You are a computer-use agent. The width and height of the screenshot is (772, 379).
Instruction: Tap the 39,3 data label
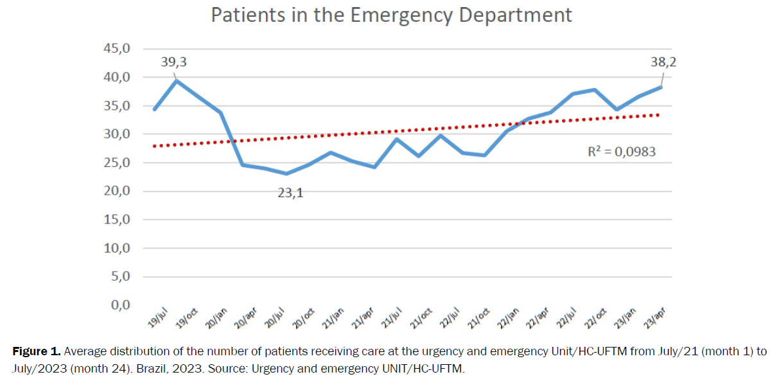(x=174, y=62)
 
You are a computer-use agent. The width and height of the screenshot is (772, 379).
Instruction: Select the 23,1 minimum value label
(x=290, y=191)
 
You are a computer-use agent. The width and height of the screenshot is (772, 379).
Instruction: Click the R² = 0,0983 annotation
(x=622, y=153)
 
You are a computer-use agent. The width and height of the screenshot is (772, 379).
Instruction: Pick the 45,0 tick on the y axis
(x=118, y=49)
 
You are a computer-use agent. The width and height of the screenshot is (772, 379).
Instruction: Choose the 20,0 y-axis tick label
(x=118, y=191)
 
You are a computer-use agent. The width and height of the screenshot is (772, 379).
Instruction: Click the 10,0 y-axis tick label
(x=118, y=248)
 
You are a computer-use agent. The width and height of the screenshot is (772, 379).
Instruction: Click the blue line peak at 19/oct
(x=177, y=80)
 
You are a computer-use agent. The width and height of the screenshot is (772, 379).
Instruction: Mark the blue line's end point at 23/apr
(x=662, y=87)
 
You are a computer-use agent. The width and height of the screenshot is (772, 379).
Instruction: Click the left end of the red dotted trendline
(x=154, y=146)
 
